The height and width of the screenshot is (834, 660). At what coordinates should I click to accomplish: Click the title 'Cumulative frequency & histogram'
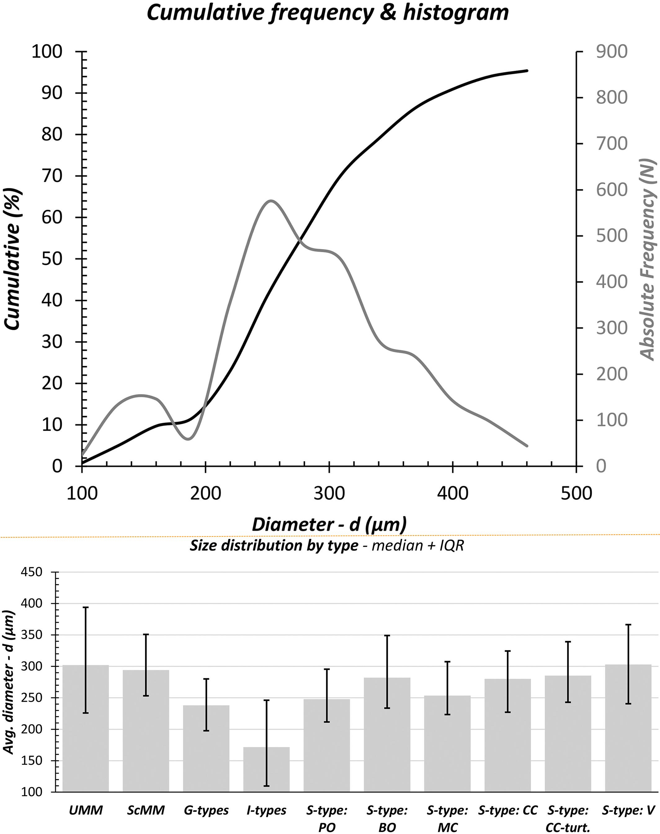point(328,13)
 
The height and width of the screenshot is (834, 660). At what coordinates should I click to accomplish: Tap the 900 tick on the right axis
point(611,52)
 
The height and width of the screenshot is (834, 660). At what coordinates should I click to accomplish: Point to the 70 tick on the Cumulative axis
point(52,176)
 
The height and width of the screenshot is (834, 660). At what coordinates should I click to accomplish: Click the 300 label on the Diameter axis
point(329,494)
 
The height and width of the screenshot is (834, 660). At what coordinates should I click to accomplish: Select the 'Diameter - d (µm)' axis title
point(329,524)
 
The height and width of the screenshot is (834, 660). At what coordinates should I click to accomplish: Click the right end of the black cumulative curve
point(527,71)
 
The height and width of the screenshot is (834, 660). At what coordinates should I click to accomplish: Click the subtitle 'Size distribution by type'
point(274,545)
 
